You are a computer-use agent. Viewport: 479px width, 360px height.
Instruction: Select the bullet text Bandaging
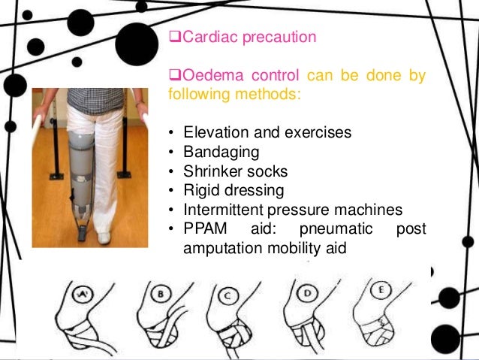click(x=221, y=153)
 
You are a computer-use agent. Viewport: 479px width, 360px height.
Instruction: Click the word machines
click(x=372, y=210)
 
